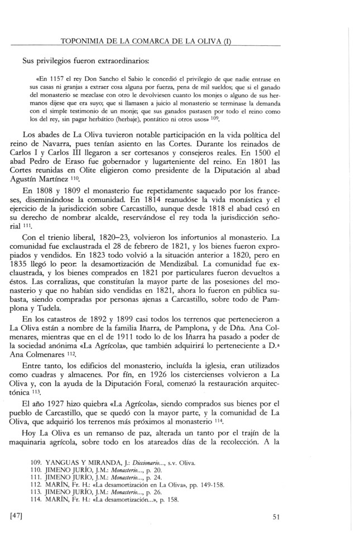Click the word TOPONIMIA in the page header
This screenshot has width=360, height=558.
pyautogui.click(x=88, y=40)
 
